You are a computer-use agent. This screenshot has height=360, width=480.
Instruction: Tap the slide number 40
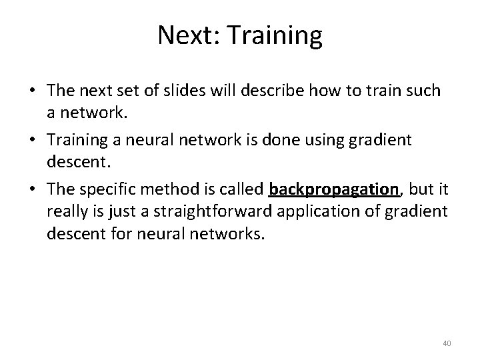coord(447,343)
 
